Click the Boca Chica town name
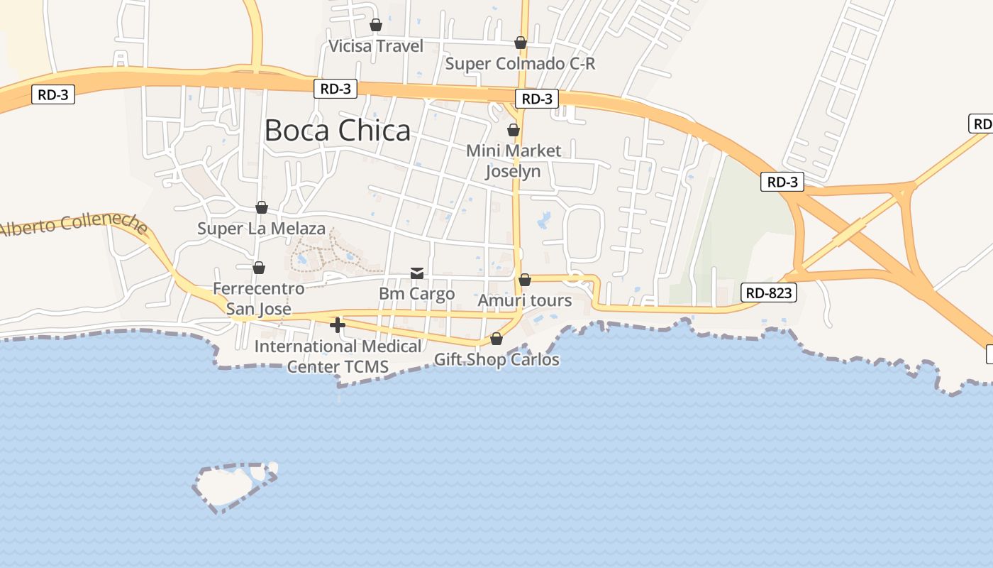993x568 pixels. pyautogui.click(x=337, y=131)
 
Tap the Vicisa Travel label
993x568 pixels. pyautogui.click(x=376, y=46)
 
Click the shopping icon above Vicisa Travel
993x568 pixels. pyautogui.click(x=376, y=26)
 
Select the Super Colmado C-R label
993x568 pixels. pyautogui.click(x=520, y=64)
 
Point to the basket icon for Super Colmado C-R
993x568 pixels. pyautogui.click(x=521, y=43)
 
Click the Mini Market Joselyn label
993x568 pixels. pyautogui.click(x=514, y=161)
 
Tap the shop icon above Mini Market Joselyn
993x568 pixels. pyautogui.click(x=514, y=130)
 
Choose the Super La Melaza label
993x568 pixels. pyautogui.click(x=261, y=229)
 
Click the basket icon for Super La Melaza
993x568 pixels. pyautogui.click(x=262, y=207)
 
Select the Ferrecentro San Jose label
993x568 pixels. pyautogui.click(x=259, y=299)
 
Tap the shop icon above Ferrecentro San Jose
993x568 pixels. pyautogui.click(x=259, y=268)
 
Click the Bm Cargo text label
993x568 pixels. pyautogui.click(x=416, y=294)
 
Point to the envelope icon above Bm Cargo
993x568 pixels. pyautogui.click(x=417, y=273)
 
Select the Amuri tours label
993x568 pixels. pyautogui.click(x=524, y=300)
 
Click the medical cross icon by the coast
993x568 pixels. pyautogui.click(x=338, y=326)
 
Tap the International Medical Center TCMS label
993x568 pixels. pyautogui.click(x=338, y=356)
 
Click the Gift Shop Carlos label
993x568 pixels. pyautogui.click(x=496, y=360)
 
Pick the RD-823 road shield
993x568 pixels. pyautogui.click(x=769, y=293)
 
